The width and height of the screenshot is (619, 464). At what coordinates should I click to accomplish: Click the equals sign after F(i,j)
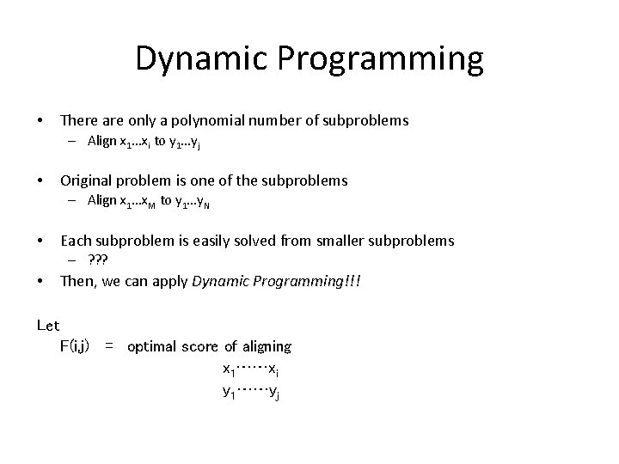[109, 346]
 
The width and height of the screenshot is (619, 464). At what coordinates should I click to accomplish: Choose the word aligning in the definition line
[267, 347]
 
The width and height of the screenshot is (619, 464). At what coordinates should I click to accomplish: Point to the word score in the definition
[202, 347]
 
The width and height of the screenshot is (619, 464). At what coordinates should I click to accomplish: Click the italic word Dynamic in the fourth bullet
[219, 281]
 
